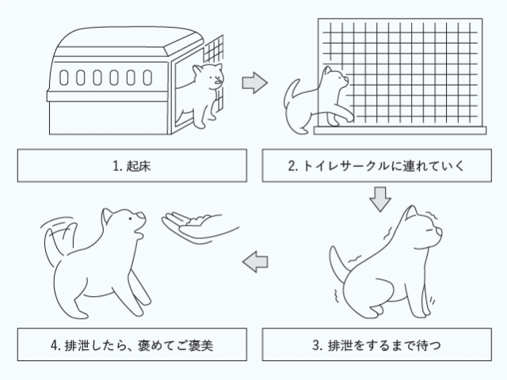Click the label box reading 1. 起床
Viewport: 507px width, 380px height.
pyautogui.click(x=132, y=165)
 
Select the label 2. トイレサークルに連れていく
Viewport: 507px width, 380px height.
pyautogui.click(x=377, y=165)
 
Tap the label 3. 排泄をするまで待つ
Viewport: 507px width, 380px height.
pyautogui.click(x=377, y=344)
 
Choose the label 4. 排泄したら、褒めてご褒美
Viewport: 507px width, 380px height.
pyautogui.click(x=132, y=344)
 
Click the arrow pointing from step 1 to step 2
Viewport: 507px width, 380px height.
pyautogui.click(x=255, y=82)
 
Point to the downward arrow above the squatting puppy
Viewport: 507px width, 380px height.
pyautogui.click(x=380, y=199)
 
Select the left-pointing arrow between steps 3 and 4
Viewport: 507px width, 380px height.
pyautogui.click(x=255, y=261)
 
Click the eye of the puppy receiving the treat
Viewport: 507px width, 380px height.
pyautogui.click(x=130, y=218)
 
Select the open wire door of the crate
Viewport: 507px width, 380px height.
pyautogui.click(x=214, y=74)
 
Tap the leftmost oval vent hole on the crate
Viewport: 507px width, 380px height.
pyautogui.click(x=64, y=78)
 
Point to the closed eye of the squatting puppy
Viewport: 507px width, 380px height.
pyautogui.click(x=429, y=230)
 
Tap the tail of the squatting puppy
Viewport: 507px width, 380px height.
pyautogui.click(x=338, y=265)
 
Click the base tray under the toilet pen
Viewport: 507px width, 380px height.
pyautogui.click(x=400, y=130)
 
